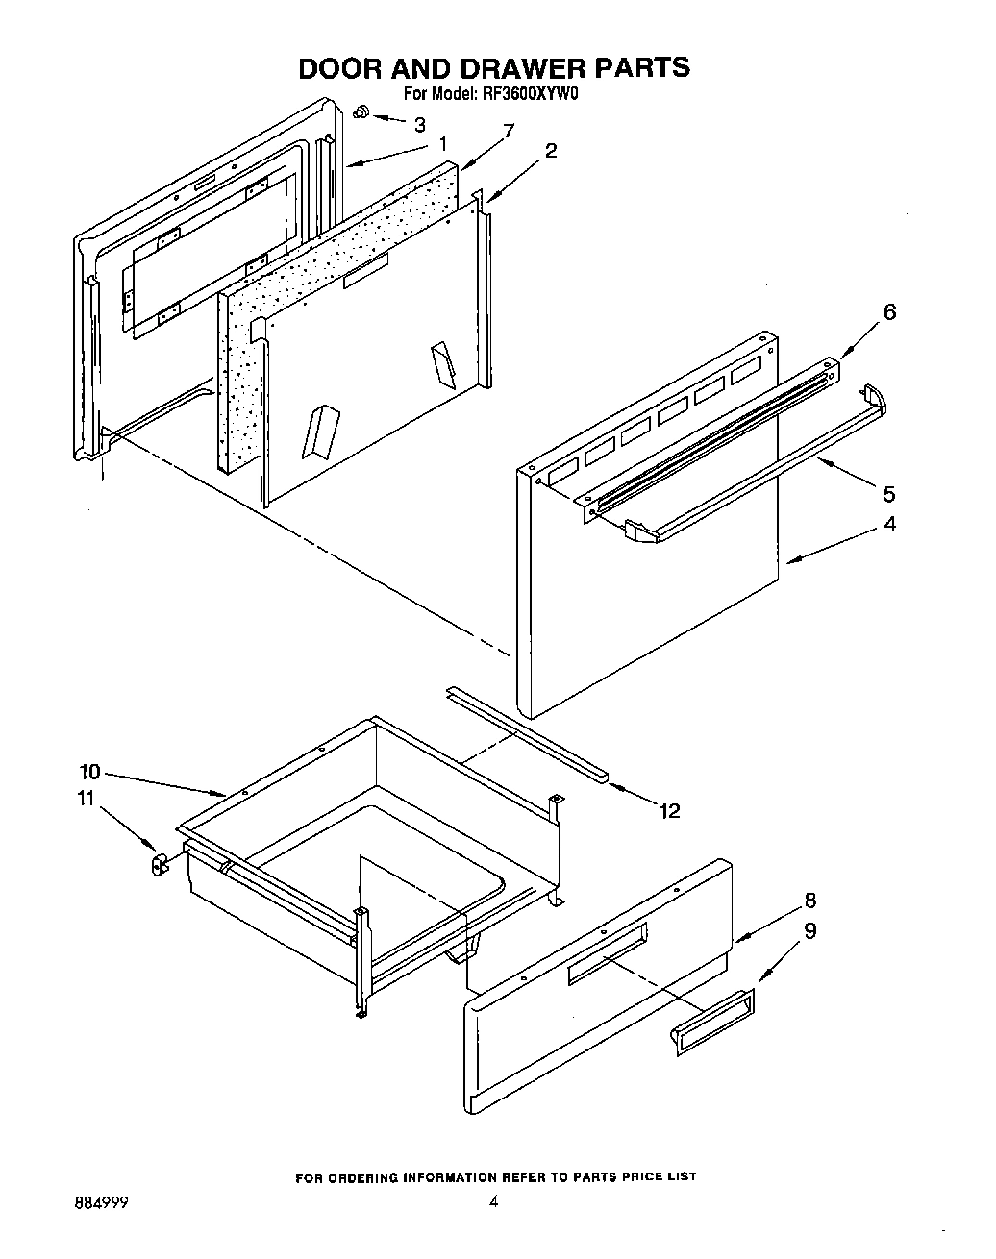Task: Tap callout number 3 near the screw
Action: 420,124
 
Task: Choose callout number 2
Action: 551,150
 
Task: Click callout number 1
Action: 442,144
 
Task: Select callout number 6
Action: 889,311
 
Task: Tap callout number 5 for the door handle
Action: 889,494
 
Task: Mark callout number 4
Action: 889,525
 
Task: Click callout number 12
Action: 669,811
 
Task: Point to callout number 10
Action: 89,771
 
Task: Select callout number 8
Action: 810,901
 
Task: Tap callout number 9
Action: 810,930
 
